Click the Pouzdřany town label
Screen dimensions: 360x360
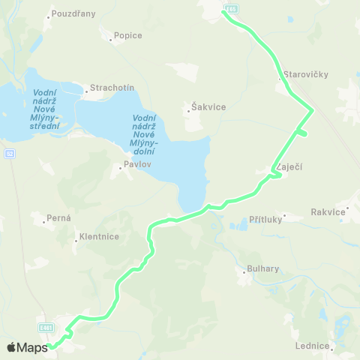tap(74, 14)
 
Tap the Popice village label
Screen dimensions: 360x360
tap(128, 35)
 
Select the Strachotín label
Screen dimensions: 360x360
tap(112, 88)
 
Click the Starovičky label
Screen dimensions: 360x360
tap(306, 75)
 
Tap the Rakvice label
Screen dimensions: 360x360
tap(331, 212)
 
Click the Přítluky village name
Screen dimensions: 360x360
tap(255, 221)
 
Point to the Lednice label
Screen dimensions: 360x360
tap(313, 346)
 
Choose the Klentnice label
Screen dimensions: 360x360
tap(97, 238)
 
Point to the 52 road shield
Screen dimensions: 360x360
tap(10, 154)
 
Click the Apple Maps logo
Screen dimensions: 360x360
tap(27, 346)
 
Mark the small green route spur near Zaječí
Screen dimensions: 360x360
tap(302, 133)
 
